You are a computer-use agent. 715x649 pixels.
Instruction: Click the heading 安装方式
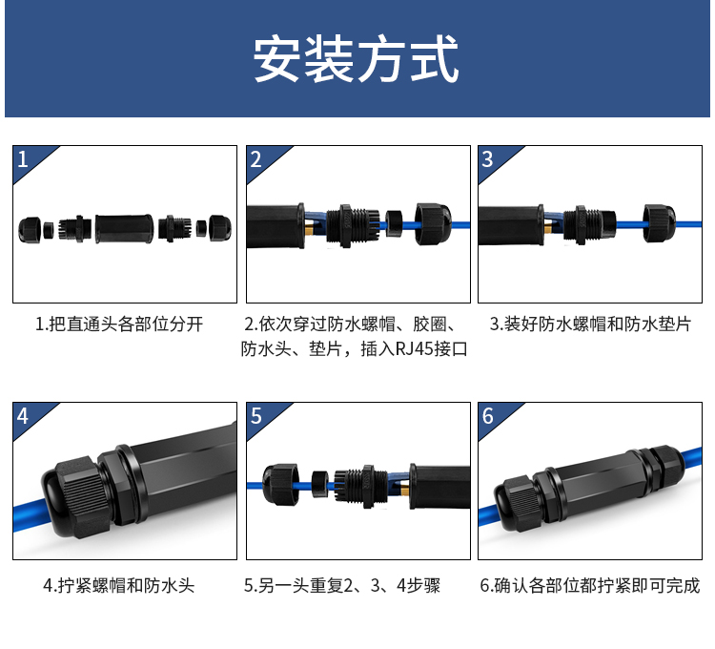click(x=356, y=59)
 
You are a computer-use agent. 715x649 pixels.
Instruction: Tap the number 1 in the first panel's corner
click(x=23, y=159)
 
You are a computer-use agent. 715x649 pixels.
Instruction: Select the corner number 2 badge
click(x=255, y=159)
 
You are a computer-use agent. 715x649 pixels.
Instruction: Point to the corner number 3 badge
click(x=487, y=159)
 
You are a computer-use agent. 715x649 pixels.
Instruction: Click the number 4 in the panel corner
click(x=23, y=416)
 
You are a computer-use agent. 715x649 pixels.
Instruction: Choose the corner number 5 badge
click(x=255, y=416)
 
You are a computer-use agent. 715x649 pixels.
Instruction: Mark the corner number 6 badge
click(x=487, y=416)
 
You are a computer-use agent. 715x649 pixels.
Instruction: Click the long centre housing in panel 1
click(x=124, y=228)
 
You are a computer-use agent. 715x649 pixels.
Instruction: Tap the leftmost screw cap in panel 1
click(x=30, y=230)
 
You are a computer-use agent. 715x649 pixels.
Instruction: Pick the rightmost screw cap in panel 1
click(x=220, y=228)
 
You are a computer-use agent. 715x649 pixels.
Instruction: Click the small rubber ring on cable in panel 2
click(x=394, y=223)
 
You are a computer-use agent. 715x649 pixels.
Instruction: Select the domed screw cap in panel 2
click(x=433, y=224)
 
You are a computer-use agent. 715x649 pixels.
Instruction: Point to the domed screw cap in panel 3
click(x=660, y=223)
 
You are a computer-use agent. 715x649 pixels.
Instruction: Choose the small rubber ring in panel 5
click(x=319, y=484)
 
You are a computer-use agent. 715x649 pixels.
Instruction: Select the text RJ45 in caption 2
click(x=414, y=349)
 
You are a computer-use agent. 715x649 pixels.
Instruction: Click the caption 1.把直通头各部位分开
click(x=119, y=324)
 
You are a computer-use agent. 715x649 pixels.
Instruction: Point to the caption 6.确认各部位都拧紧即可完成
click(x=589, y=586)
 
